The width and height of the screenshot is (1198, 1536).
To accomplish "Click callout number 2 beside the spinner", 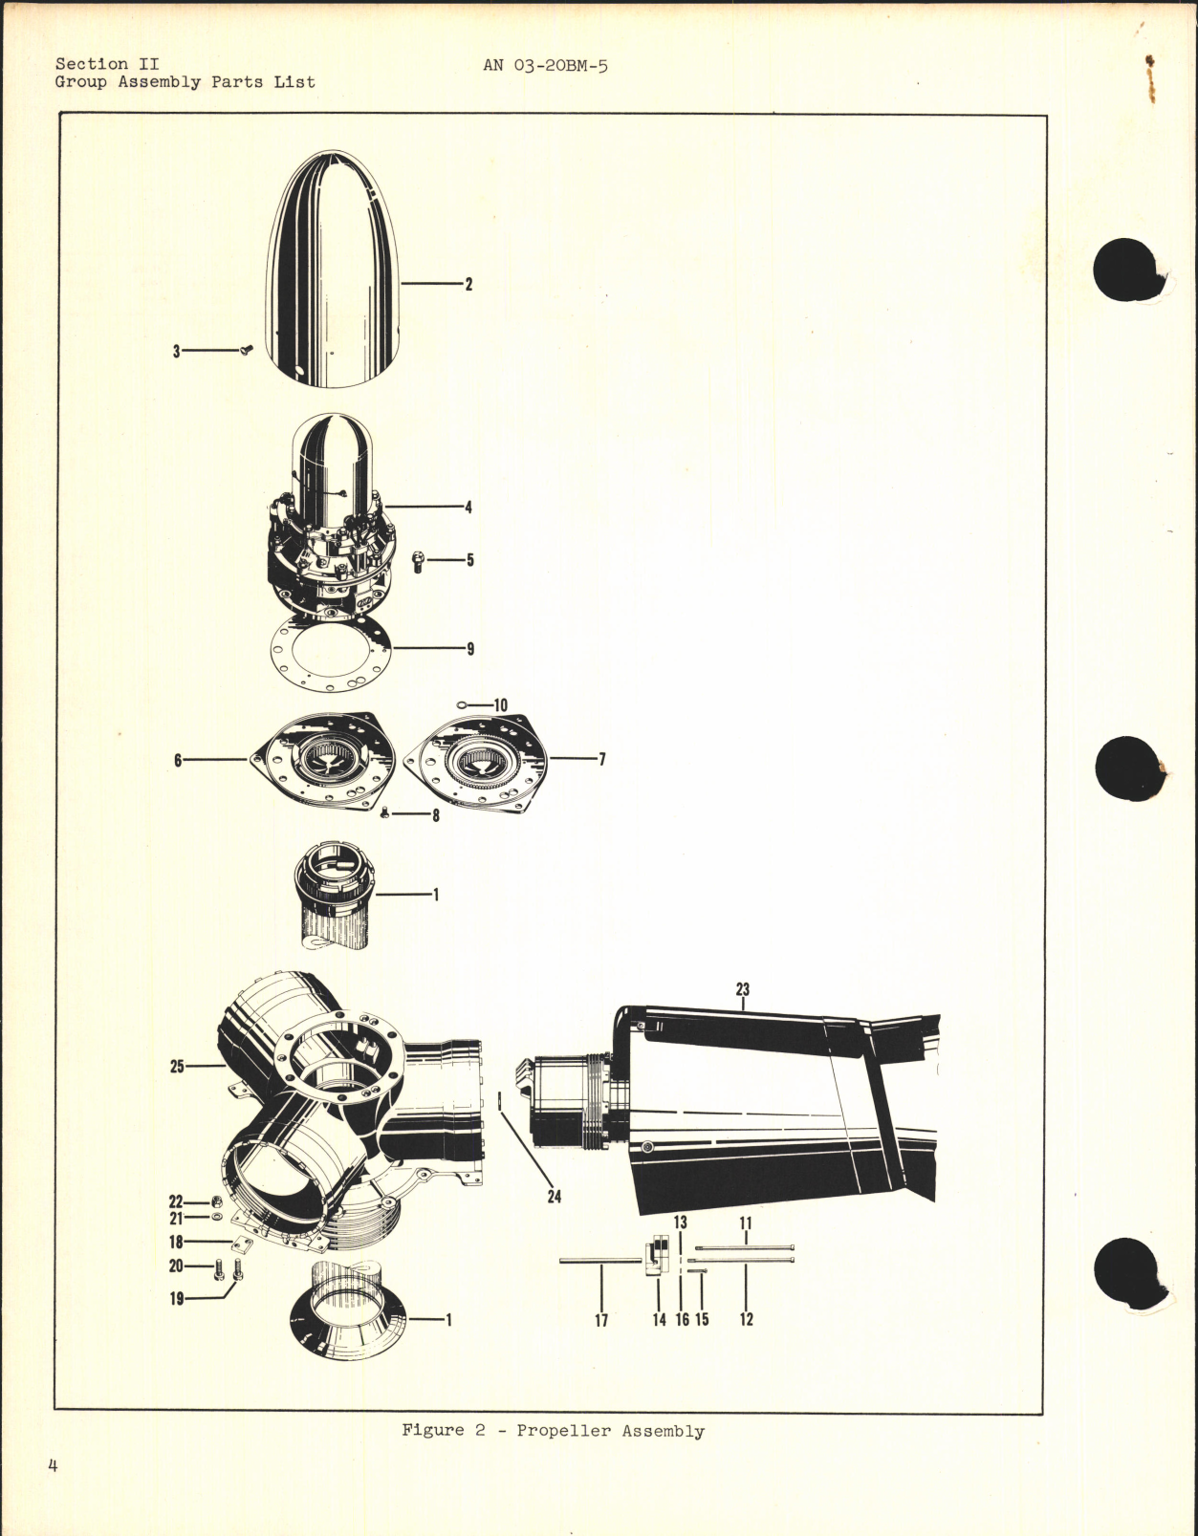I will tap(468, 284).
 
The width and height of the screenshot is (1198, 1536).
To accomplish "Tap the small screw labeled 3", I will tap(245, 351).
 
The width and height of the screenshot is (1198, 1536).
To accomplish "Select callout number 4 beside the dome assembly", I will tap(468, 508).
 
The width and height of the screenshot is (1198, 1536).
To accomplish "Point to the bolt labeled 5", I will tap(418, 561).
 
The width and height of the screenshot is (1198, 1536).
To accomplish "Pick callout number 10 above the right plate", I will tap(500, 705).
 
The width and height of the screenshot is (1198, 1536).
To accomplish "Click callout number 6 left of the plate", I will tap(178, 760).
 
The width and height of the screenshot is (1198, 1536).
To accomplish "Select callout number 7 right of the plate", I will tap(602, 760).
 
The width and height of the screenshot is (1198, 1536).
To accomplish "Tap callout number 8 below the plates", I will tap(435, 816).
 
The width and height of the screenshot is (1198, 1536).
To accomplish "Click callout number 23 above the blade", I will tap(743, 990).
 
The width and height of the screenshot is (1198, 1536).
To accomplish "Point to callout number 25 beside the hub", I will tap(177, 1066).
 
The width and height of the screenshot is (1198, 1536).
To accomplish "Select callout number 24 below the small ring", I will tap(555, 1197).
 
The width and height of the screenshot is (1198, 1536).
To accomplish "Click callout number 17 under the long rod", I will tap(601, 1320).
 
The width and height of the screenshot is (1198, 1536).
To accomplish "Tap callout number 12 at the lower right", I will tap(747, 1320).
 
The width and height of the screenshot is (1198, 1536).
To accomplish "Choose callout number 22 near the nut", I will tap(176, 1201).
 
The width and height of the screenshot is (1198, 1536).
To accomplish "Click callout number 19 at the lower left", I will tap(177, 1299).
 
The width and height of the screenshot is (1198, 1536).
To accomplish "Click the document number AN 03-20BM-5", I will tap(545, 65).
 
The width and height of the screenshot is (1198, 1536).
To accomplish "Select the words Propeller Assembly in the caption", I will tap(611, 1431).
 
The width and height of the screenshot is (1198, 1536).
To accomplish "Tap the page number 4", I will tap(53, 1492).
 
